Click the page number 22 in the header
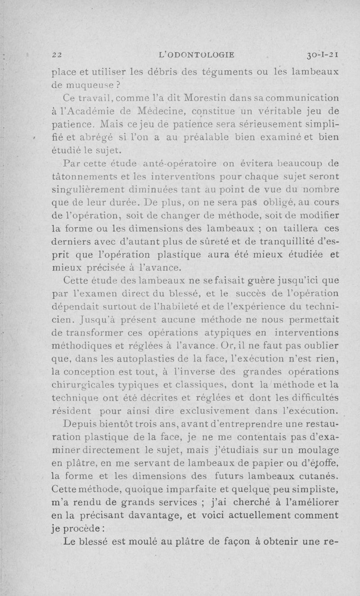57,55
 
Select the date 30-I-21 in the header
321,55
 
